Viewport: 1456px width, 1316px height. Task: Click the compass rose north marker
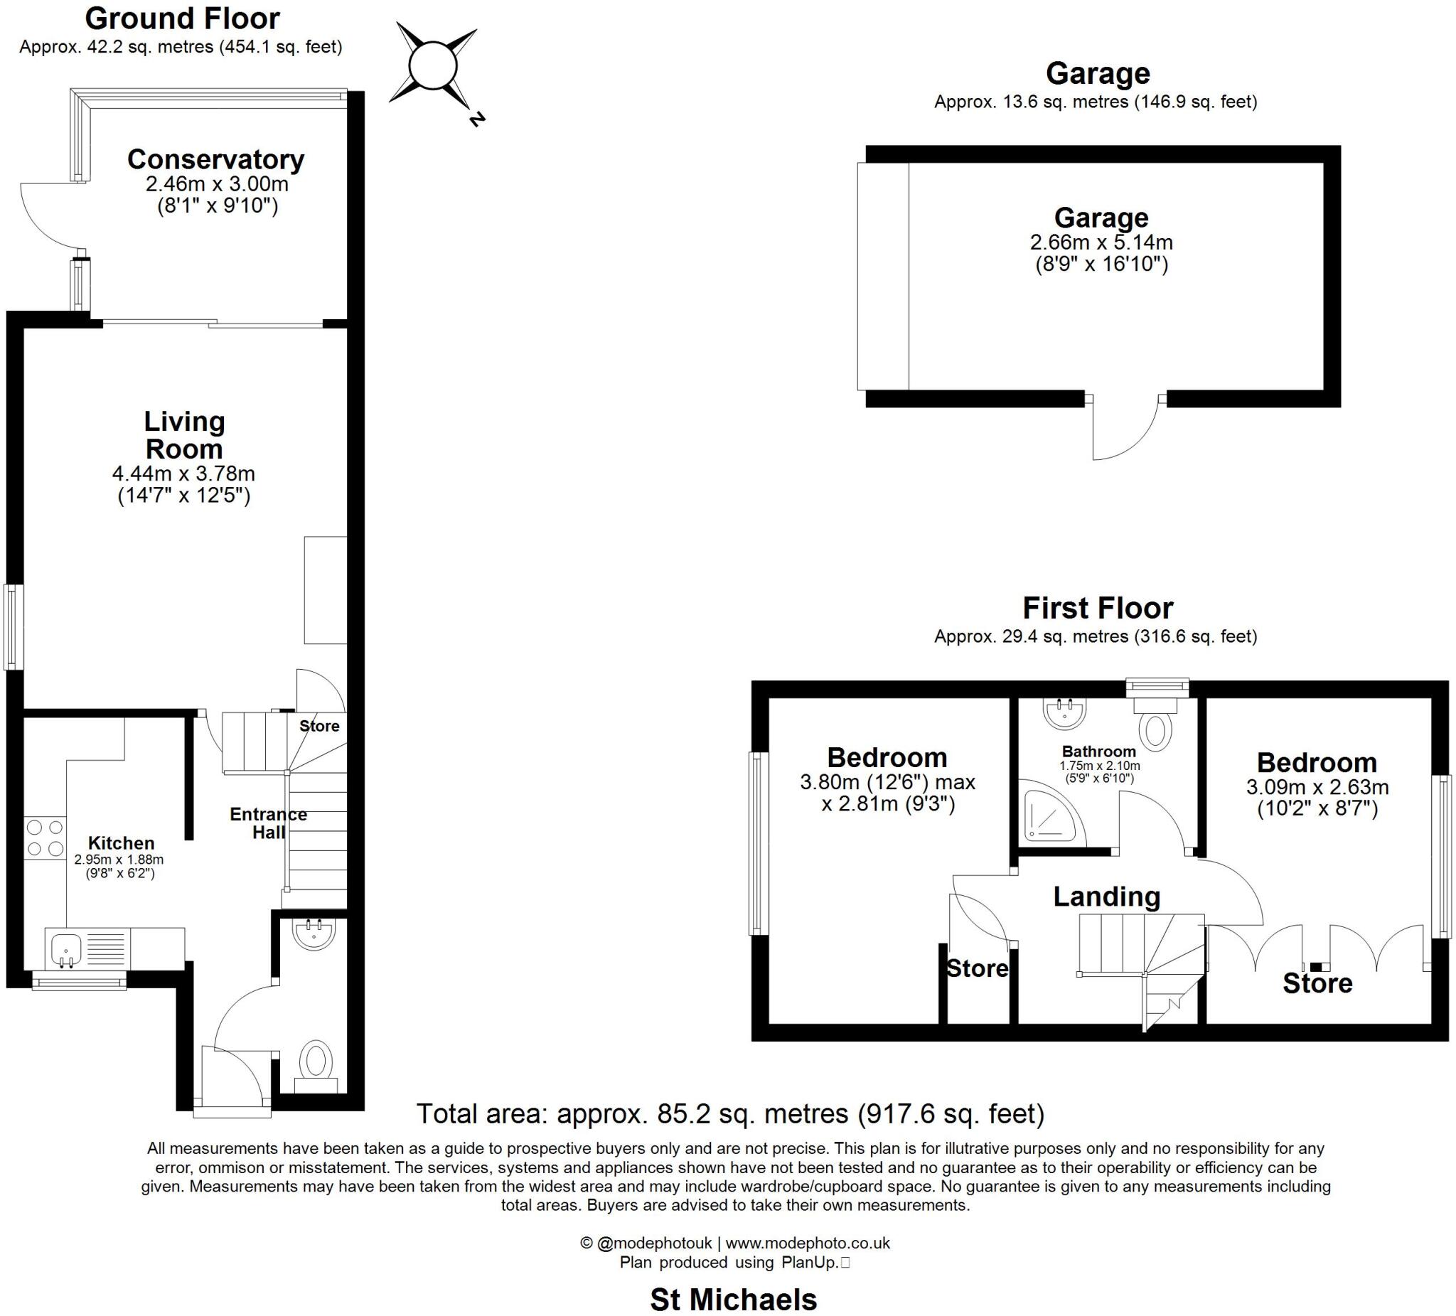[475, 119]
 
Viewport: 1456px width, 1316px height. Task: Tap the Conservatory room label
[215, 159]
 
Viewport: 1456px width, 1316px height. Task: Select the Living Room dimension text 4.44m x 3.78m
[183, 474]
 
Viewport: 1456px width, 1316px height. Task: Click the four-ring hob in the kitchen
[45, 838]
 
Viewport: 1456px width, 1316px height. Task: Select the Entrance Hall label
[268, 823]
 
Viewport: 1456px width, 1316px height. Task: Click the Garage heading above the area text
[1097, 74]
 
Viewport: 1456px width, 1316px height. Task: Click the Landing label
[1106, 897]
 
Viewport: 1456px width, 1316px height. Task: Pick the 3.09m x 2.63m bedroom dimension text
[1317, 786]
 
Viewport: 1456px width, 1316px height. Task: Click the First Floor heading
[1097, 608]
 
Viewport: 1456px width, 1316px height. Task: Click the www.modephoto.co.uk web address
[807, 1243]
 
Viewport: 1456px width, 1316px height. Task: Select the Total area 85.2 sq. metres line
[730, 1113]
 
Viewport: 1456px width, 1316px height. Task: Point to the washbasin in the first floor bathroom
[1064, 714]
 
